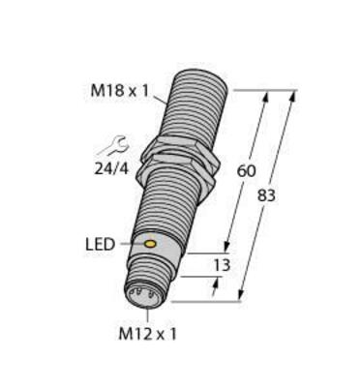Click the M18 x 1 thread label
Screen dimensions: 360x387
point(120,91)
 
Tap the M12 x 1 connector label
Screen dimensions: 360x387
point(148,335)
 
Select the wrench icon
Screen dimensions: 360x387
point(114,145)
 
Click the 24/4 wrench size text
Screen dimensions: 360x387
point(111,168)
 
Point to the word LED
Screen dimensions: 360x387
point(100,245)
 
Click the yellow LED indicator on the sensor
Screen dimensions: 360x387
point(150,244)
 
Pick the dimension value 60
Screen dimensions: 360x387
point(247,171)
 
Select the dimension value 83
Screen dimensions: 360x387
point(266,195)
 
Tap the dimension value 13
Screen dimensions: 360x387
point(222,265)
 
